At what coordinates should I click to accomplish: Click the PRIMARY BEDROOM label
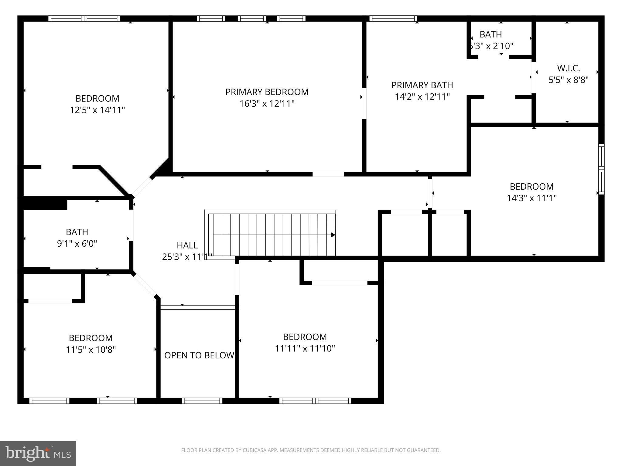click(267, 92)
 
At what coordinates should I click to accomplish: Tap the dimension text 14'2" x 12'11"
click(422, 97)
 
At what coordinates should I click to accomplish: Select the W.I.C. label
click(568, 68)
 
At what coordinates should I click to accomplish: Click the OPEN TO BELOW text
click(199, 355)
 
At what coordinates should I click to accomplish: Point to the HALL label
click(187, 245)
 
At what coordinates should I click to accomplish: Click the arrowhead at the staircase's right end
click(333, 235)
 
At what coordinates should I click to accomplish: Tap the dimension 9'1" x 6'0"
click(77, 244)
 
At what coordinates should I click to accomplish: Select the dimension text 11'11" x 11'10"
click(305, 349)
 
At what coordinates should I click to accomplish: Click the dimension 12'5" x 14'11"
click(97, 110)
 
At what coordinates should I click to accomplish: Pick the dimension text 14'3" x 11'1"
click(531, 198)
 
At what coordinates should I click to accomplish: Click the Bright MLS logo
click(38, 453)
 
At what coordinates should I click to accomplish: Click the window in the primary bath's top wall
click(393, 19)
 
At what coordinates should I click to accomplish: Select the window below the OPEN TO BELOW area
click(202, 401)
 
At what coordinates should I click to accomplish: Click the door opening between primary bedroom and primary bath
click(364, 103)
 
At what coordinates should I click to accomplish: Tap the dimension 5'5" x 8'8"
click(568, 80)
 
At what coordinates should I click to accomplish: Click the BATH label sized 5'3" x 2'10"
click(490, 34)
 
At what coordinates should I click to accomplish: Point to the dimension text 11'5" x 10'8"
click(91, 350)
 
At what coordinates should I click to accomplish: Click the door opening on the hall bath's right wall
click(131, 225)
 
